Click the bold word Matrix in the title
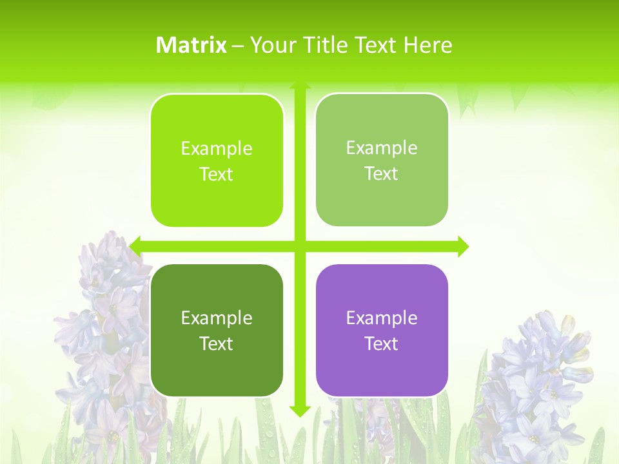[x=192, y=45]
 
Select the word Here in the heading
[x=427, y=45]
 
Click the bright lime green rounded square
[x=217, y=160]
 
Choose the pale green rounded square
[x=382, y=160]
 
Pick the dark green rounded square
[x=217, y=330]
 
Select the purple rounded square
[x=382, y=330]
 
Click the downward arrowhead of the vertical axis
[x=299, y=411]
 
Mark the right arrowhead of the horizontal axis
[x=463, y=246]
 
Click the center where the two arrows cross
[x=299, y=246]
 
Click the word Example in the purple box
[x=382, y=318]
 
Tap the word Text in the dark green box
[x=216, y=343]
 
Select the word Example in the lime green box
[x=217, y=148]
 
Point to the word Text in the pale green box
[x=381, y=174]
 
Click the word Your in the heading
[x=271, y=45]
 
